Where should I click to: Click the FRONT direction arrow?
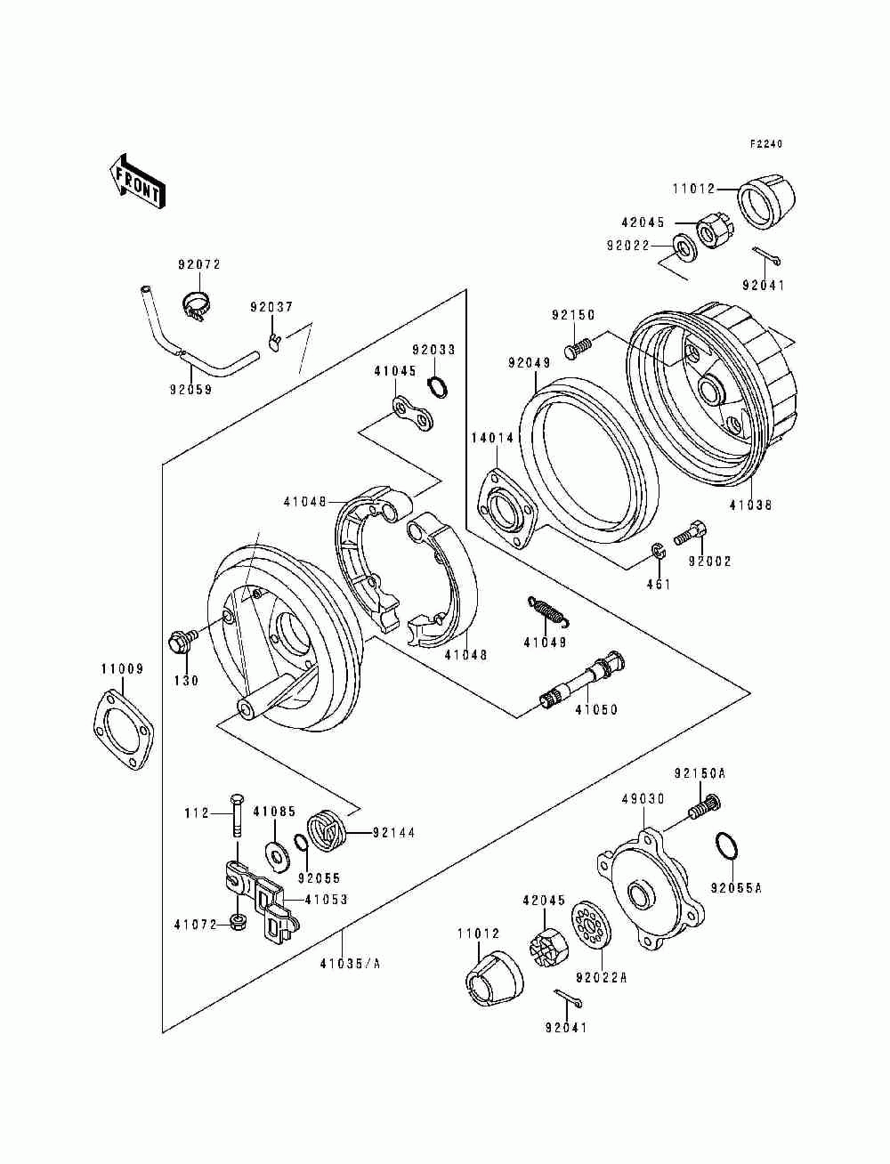coord(137,182)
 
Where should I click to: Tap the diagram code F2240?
coord(766,144)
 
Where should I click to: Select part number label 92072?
coord(198,264)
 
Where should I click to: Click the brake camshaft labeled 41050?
coord(582,679)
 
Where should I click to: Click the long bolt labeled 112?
coord(237,822)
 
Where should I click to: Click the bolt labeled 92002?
coord(690,532)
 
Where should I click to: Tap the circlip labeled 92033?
coord(438,386)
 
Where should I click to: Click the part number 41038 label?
coord(750,505)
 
